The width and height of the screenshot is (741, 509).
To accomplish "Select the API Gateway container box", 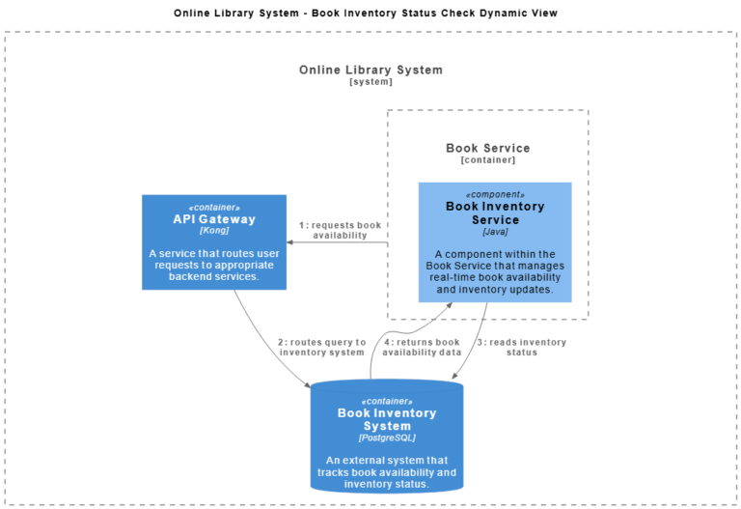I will point(214,241).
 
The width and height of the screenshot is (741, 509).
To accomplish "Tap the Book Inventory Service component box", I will point(495,241).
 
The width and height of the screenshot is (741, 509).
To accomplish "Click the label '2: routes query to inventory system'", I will point(321,347).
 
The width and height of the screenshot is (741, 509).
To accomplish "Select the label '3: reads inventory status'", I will point(521,347).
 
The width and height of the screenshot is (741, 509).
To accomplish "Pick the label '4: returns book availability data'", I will point(421,347).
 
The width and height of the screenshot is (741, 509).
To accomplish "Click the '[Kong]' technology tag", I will point(214,232).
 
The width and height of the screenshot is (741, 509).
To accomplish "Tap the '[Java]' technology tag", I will point(495,232).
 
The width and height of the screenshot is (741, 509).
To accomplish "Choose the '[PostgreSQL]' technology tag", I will point(386,438).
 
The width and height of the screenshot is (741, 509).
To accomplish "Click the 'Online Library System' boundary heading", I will point(370,70).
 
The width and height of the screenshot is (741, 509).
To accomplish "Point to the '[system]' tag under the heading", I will point(370,82).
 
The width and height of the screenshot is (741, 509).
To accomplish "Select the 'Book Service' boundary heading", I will point(487,148).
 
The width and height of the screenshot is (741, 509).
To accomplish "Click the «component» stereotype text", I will point(495,194).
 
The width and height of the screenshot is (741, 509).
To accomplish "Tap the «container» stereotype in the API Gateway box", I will point(214,207).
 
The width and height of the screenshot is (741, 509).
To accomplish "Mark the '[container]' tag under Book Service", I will point(487,160).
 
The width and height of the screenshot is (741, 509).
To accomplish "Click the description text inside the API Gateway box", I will point(214,265).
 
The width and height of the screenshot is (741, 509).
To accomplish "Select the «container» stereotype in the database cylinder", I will point(386,401).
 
